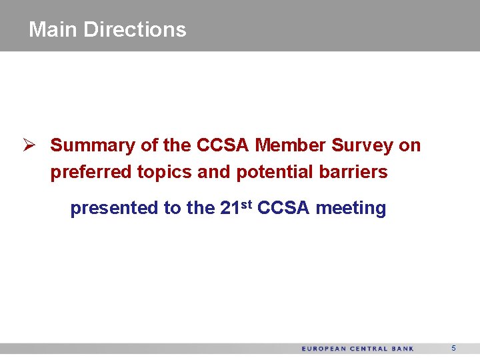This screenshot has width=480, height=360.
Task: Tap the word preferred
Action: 91,172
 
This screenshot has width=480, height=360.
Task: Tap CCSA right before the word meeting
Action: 283,209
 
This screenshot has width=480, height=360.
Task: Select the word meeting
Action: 351,209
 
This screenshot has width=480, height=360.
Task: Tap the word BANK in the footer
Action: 403,349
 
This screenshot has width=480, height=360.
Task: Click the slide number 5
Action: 453,348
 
